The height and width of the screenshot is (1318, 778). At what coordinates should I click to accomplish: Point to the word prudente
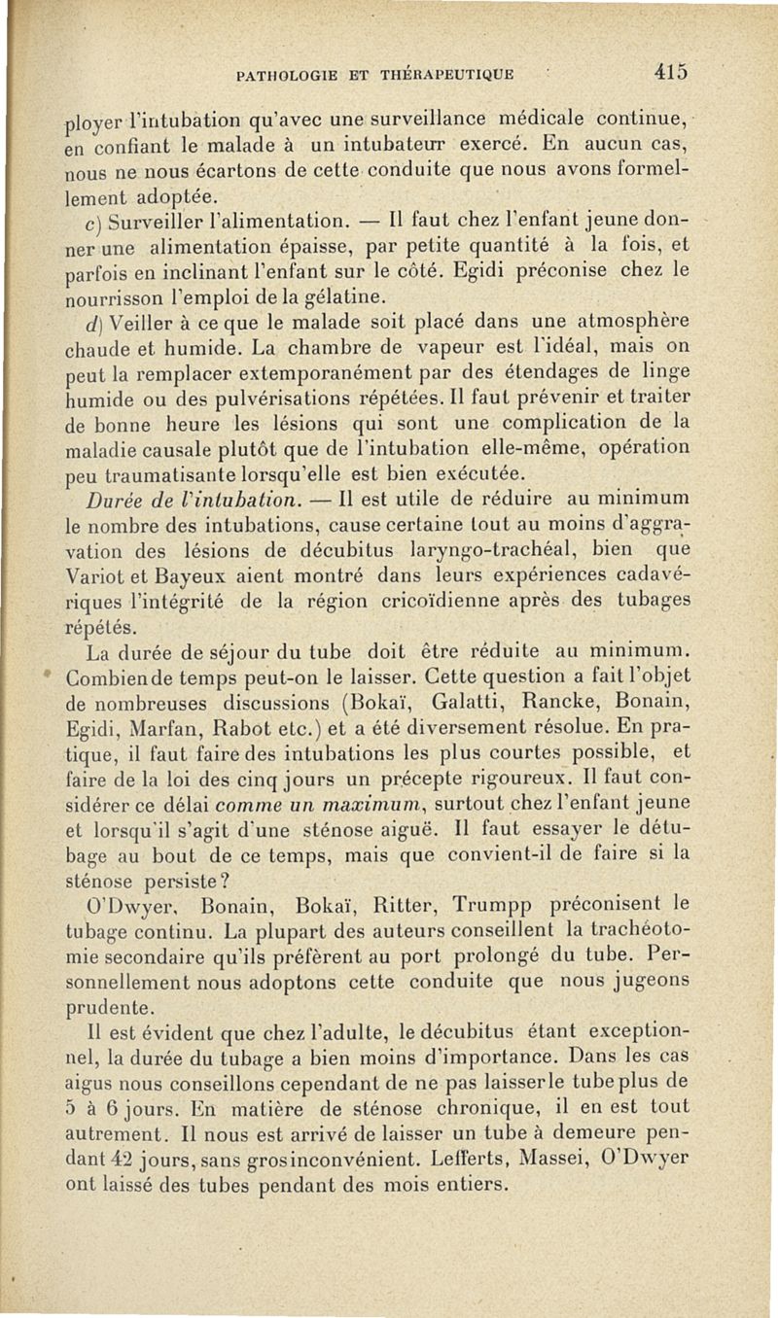(x=107, y=1006)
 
